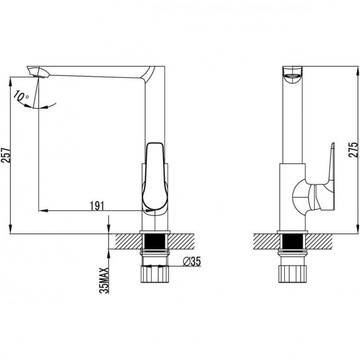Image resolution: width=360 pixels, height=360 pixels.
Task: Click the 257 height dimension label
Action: [x=6, y=155]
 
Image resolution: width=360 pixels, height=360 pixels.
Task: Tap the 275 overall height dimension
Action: [x=353, y=150]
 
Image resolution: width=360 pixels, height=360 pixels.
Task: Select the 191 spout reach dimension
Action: [x=97, y=206]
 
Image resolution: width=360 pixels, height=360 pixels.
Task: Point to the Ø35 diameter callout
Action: [x=192, y=261]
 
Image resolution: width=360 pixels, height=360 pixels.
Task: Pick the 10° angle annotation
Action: [x=21, y=96]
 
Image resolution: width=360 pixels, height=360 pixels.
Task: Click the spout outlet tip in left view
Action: [x=39, y=76]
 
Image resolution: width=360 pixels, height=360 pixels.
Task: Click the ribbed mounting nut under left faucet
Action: [x=155, y=274]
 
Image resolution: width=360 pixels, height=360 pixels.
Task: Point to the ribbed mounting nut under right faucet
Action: [x=293, y=274]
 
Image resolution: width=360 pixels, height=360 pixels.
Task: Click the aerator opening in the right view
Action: [x=292, y=76]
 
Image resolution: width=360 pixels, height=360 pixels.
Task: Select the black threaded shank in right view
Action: [x=293, y=241]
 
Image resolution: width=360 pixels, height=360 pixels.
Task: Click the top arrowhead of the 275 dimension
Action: [x=357, y=71]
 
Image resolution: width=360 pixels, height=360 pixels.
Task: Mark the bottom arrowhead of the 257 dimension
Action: [x=10, y=229]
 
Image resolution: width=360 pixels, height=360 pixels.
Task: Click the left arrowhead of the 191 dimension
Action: [x=43, y=210]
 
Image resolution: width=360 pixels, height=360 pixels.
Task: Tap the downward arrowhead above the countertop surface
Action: [x=109, y=229]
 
